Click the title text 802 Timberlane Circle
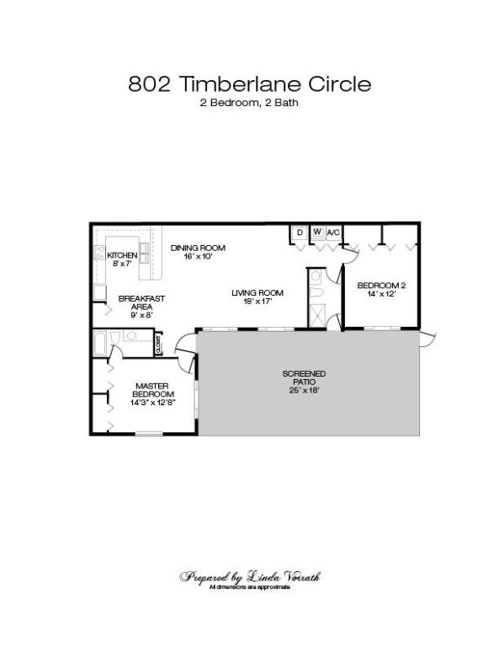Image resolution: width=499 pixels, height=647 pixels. (x=249, y=84)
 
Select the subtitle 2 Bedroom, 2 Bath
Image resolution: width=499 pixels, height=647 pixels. (x=249, y=104)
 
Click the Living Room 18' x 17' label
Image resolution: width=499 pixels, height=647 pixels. (x=257, y=297)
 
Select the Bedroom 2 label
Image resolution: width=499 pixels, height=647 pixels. (x=382, y=290)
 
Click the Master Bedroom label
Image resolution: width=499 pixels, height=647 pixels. (x=153, y=393)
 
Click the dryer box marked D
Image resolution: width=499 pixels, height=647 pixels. (x=300, y=232)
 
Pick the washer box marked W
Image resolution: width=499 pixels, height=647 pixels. (x=317, y=232)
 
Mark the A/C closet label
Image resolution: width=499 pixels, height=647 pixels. (x=333, y=232)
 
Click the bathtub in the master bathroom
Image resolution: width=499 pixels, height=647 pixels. (x=103, y=344)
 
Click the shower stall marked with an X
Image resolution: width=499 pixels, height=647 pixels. (x=318, y=315)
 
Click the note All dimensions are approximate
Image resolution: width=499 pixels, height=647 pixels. (x=250, y=586)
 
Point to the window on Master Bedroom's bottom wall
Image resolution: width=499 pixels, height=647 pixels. (x=149, y=435)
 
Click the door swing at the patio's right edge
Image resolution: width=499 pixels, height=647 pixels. (x=427, y=339)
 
